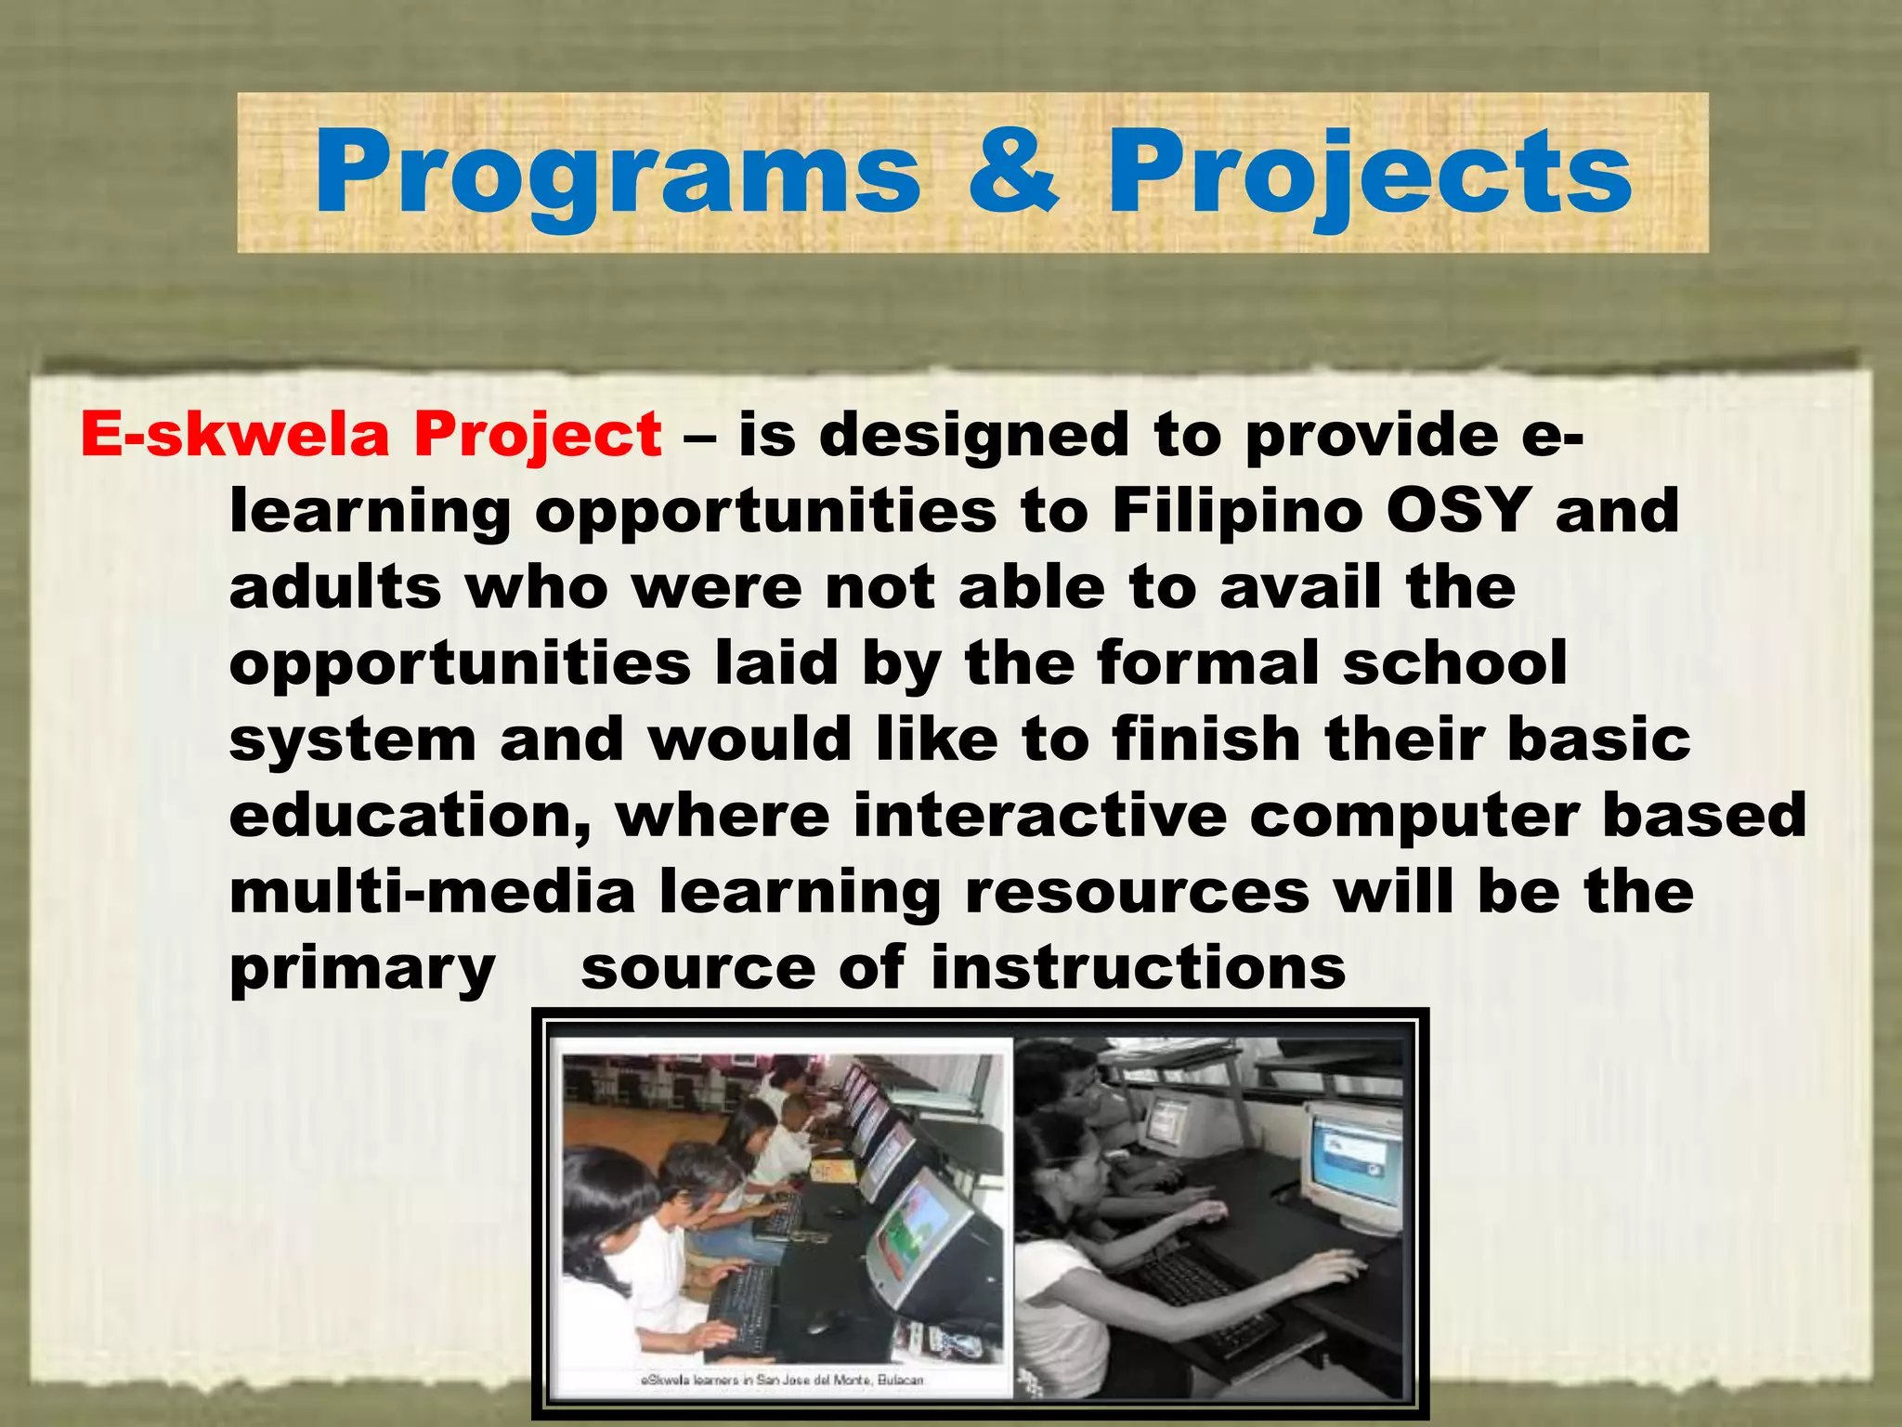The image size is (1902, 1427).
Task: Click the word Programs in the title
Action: tap(618, 174)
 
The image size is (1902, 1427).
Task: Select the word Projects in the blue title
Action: tap(1369, 174)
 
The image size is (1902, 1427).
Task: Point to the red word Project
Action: tap(538, 437)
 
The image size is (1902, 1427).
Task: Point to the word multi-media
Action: tap(432, 892)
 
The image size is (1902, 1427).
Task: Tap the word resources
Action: tap(1137, 892)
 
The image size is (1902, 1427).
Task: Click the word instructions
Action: tap(1138, 967)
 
